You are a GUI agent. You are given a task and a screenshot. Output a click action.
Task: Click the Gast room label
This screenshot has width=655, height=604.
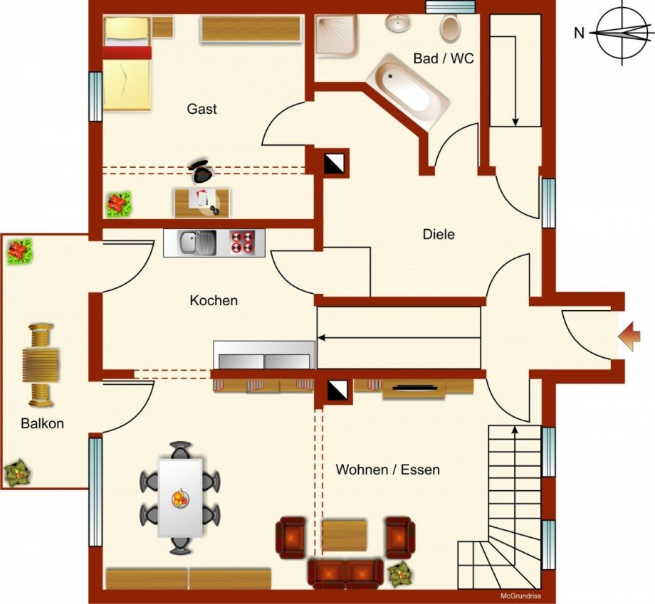pos(201,109)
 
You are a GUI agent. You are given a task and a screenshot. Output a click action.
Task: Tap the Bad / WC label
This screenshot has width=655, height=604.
pos(444,58)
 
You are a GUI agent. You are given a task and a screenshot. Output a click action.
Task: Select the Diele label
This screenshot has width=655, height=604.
pos(439,234)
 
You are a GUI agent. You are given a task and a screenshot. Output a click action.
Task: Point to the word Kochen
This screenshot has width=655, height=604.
pos(214,300)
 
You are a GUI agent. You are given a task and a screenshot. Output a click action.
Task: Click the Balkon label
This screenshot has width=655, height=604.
pos(42,424)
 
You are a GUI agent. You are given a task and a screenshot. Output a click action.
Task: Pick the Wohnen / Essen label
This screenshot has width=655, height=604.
pos(387,470)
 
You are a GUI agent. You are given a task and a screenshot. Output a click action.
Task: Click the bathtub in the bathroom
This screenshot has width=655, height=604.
pos(408,91)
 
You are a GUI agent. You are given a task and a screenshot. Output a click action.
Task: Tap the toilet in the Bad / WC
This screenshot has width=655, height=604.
pos(449,28)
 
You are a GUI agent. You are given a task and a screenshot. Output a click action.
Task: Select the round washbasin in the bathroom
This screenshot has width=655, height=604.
pos(398,23)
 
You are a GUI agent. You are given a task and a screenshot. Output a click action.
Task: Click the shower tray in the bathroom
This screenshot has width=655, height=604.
pos(336,35)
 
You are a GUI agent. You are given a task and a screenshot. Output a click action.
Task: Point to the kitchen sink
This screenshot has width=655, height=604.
pos(198,243)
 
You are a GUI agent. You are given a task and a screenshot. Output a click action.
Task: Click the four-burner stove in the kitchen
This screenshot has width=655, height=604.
pos(242,243)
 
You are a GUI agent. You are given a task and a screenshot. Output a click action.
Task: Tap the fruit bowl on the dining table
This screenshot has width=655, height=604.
pos(180,498)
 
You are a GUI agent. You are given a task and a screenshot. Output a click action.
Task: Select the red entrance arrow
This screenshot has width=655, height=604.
pos(629,336)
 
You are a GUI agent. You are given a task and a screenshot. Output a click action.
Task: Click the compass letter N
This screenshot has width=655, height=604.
pos(579,33)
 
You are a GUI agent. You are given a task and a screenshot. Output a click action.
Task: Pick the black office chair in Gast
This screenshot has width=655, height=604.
pos(201,170)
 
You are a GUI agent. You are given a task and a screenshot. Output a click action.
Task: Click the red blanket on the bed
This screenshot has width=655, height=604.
pos(127,53)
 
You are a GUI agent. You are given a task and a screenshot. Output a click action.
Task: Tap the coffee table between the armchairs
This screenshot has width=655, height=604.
pos(344,536)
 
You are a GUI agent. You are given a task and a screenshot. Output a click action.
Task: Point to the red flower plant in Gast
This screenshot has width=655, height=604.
pos(119,204)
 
